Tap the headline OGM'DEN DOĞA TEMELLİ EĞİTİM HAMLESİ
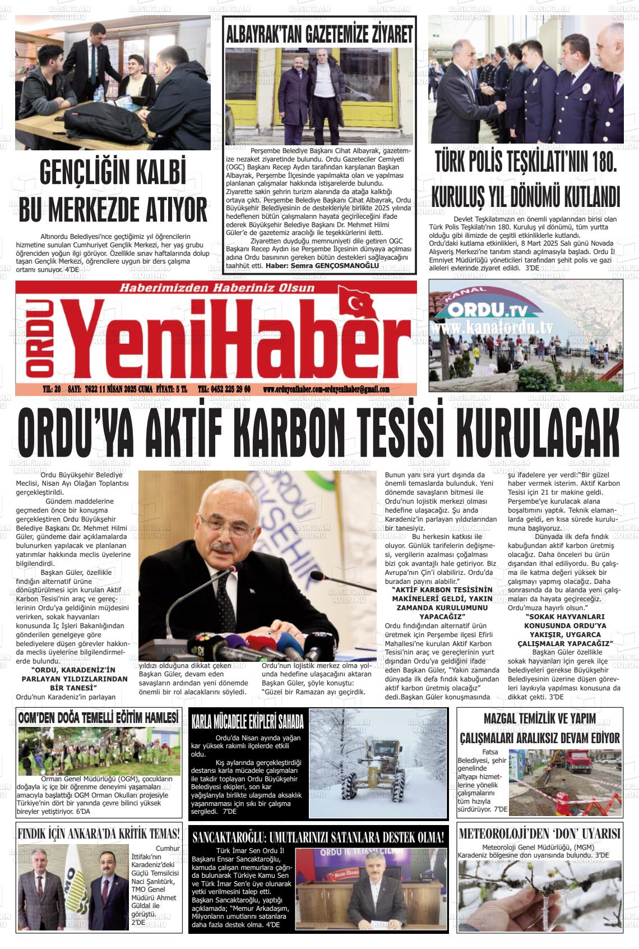98,718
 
